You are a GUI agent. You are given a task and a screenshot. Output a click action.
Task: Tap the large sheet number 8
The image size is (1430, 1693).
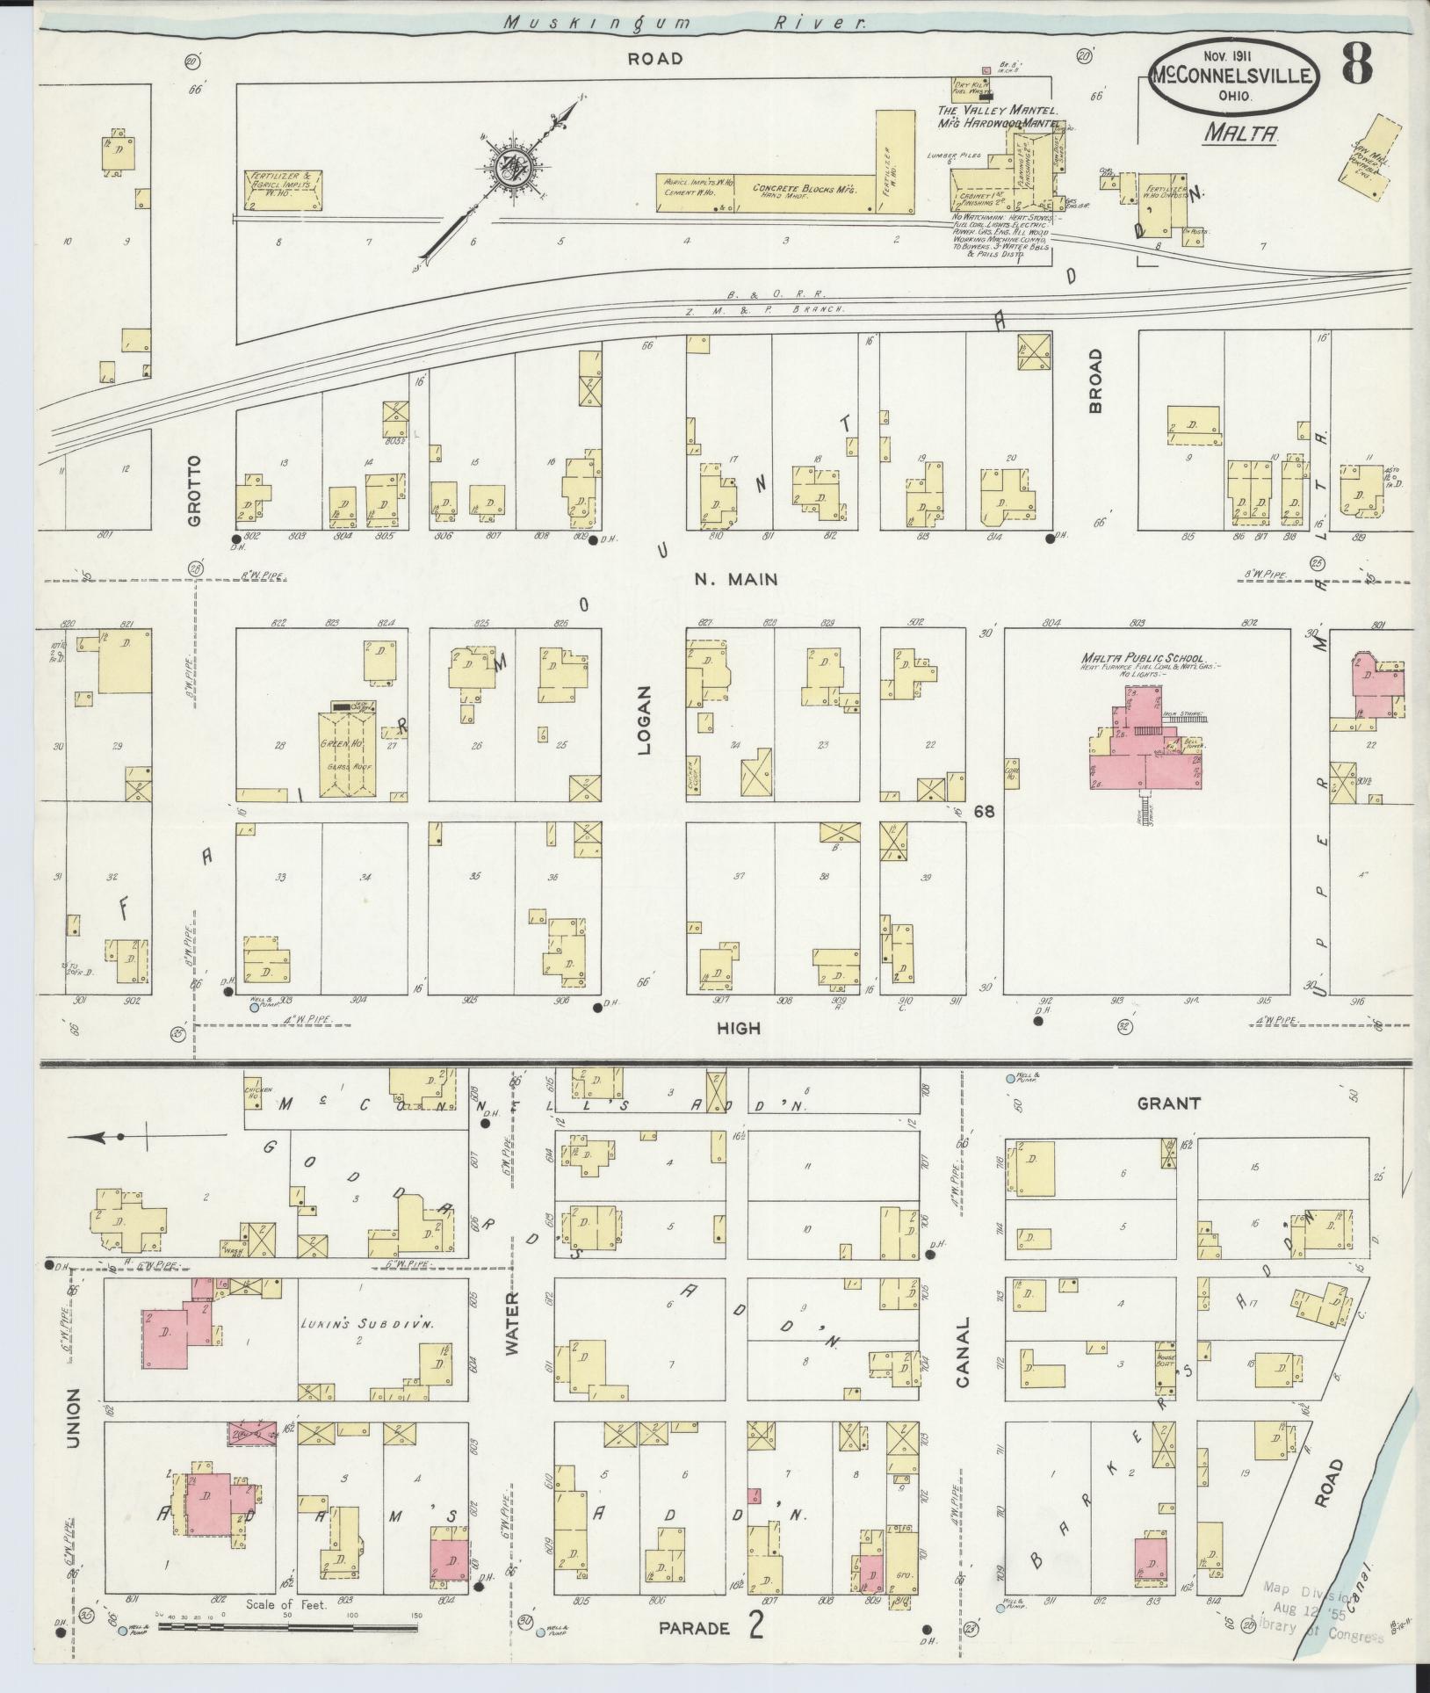pos(1357,63)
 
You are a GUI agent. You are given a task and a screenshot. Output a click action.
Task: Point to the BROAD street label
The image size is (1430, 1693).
pos(1095,380)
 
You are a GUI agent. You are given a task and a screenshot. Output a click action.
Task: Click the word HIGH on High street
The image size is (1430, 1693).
pos(738,1028)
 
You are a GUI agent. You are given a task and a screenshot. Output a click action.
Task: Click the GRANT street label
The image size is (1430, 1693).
pos(1168,1103)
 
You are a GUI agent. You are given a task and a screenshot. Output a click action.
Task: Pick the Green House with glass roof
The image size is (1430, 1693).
pos(350,753)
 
